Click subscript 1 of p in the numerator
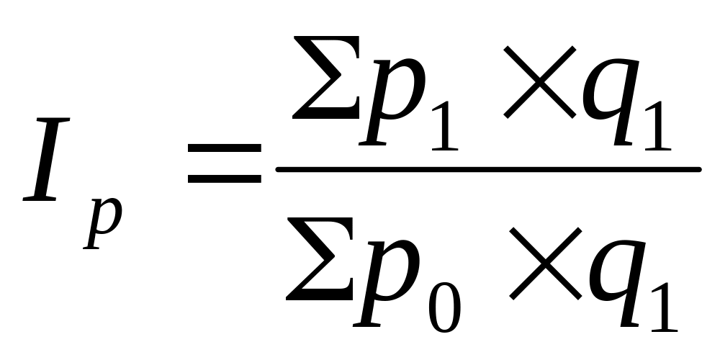click(x=444, y=126)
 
